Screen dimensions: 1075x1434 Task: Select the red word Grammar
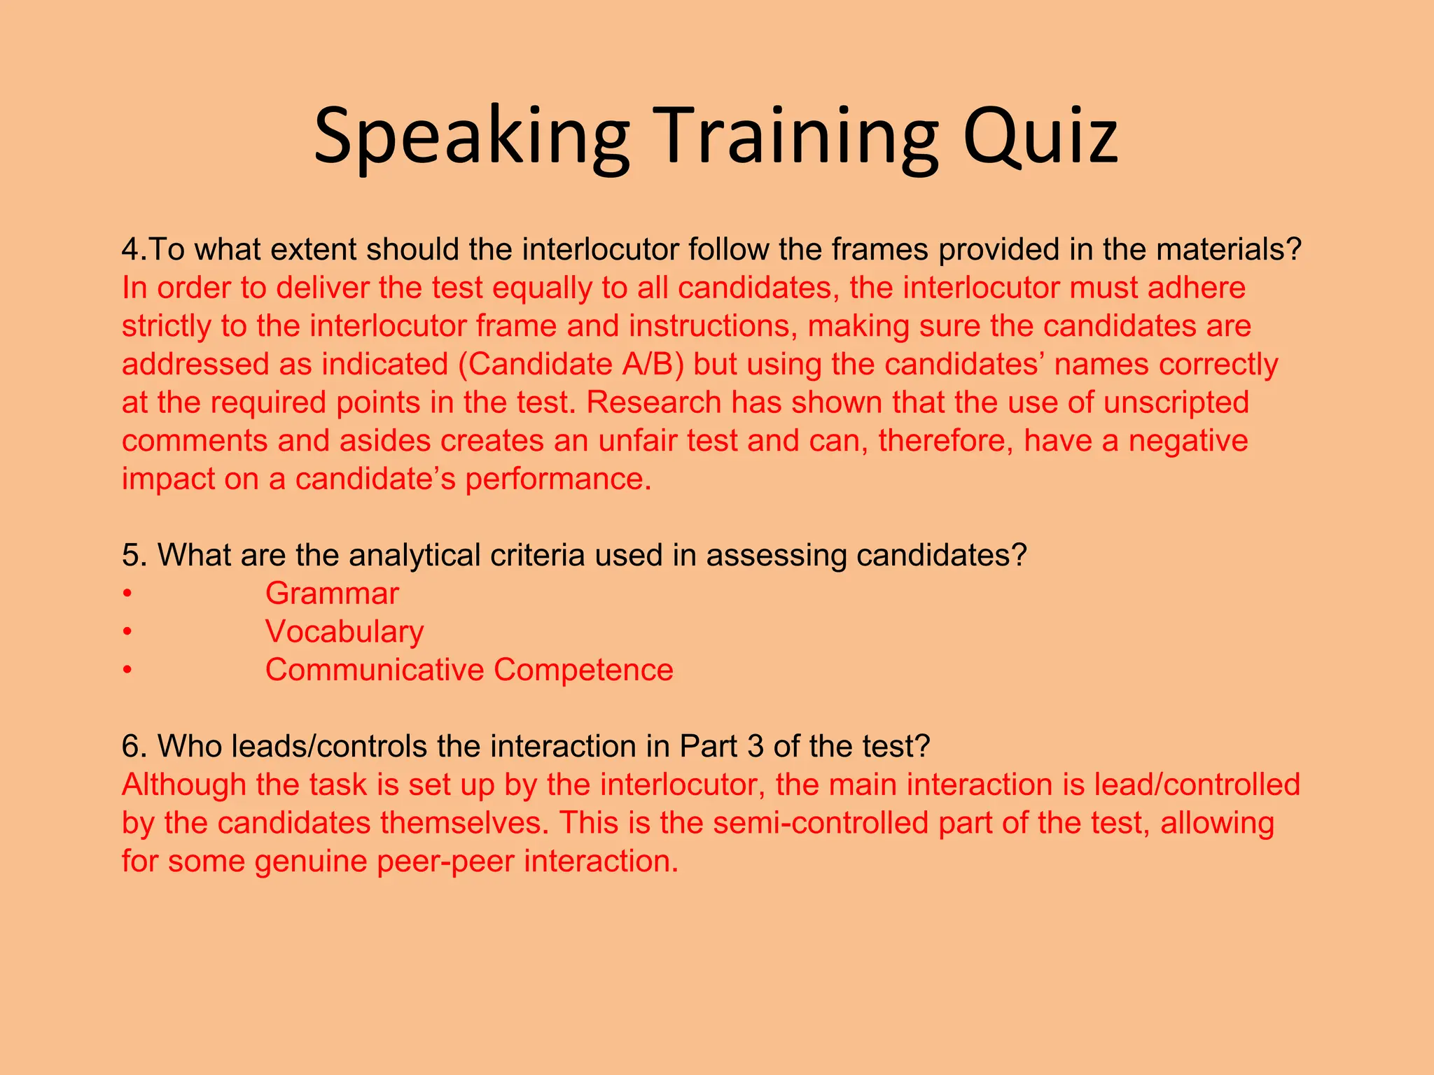coord(332,594)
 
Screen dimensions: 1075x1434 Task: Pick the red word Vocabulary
coord(344,632)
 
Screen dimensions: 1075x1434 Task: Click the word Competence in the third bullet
coord(583,670)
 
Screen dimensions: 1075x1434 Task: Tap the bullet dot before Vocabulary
coord(127,633)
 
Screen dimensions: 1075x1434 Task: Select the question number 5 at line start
coord(131,556)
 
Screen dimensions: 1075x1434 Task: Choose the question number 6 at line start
coord(131,747)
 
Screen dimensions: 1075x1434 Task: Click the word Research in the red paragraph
coord(653,403)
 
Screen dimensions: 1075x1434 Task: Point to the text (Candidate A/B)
coord(571,365)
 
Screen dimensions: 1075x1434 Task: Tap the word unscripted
coord(1176,403)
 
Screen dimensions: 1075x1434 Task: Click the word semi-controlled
coord(821,824)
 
